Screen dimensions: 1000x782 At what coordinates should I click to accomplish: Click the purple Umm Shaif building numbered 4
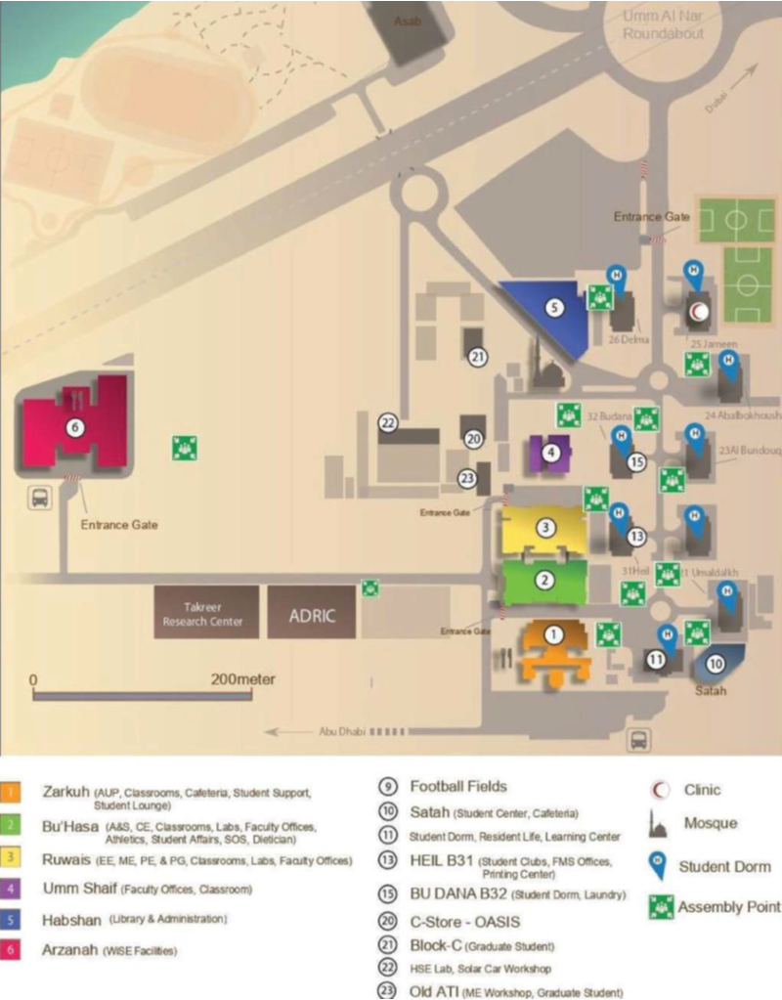tap(551, 453)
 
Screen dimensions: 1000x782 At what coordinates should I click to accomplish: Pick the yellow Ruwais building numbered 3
tap(544, 529)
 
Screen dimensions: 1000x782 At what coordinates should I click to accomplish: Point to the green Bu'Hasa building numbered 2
tap(544, 581)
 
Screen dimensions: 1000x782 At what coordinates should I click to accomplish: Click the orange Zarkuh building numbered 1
tap(554, 647)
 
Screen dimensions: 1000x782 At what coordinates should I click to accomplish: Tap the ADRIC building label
tap(311, 616)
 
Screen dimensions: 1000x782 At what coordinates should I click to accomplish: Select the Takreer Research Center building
tap(205, 614)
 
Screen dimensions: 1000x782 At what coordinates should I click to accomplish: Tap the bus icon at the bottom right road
tap(638, 740)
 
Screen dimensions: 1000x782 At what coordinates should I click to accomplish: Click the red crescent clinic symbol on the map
tap(698, 312)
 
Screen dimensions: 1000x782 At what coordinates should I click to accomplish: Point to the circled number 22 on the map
tap(389, 422)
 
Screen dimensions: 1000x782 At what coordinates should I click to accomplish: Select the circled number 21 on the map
tap(477, 358)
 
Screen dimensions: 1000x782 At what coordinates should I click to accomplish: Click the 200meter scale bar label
tap(242, 678)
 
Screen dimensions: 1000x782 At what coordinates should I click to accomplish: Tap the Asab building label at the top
tap(407, 21)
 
